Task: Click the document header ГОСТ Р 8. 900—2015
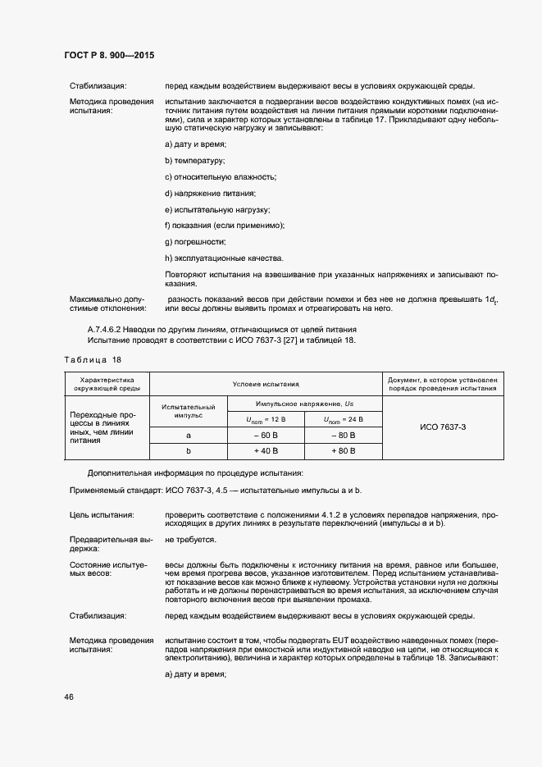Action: point(109,55)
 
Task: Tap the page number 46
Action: point(69,696)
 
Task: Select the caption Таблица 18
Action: point(92,359)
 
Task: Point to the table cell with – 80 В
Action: point(342,435)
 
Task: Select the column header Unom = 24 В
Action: point(342,419)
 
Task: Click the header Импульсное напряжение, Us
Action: point(304,404)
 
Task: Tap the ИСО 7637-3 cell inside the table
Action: point(442,427)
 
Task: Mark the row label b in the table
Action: point(189,450)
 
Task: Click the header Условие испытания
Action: point(266,383)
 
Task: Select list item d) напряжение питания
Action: point(211,193)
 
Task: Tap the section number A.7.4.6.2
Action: point(110,329)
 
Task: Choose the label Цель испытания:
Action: point(102,514)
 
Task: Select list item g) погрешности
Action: point(195,241)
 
